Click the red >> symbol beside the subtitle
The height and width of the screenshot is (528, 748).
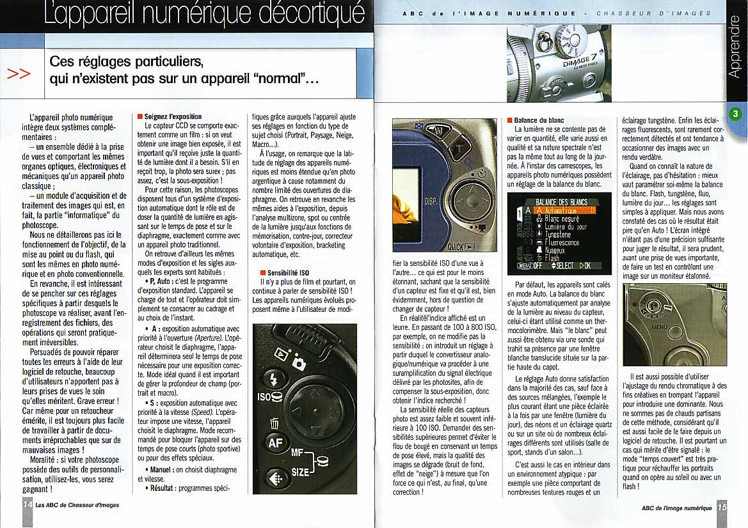point(19,74)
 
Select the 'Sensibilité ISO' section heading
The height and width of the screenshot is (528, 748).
point(287,272)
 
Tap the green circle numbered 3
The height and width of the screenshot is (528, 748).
point(735,114)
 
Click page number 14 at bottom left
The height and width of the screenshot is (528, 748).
point(27,504)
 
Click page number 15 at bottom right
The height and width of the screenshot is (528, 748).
point(722,508)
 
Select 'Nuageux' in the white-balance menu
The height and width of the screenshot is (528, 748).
point(556,251)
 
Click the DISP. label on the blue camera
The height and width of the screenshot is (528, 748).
point(431,201)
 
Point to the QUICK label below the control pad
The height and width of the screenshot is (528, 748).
point(461,246)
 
